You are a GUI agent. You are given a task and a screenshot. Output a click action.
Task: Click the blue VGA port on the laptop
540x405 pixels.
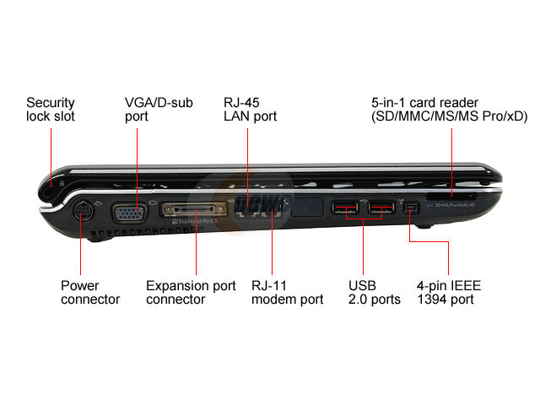coord(128,213)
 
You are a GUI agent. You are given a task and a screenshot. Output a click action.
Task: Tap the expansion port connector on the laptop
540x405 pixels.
coord(197,209)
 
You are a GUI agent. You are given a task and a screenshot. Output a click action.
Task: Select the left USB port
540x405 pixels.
coord(343,208)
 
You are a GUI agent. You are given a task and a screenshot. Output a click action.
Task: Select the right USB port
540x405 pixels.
coord(382,208)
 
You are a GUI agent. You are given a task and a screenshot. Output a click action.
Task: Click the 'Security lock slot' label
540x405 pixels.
coord(51,109)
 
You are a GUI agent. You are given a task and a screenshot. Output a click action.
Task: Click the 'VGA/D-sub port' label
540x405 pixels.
coord(159,109)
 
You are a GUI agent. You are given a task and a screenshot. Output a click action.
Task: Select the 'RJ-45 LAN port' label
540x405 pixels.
coord(250,109)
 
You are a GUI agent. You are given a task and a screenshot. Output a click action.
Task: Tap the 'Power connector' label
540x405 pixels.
coord(90,292)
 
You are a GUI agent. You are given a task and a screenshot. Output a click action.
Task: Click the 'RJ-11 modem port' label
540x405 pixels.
coord(287,292)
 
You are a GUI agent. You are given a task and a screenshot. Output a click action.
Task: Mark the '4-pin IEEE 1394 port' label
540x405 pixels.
coord(449,292)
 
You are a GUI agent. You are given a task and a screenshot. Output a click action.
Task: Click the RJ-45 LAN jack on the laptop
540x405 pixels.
coord(247,213)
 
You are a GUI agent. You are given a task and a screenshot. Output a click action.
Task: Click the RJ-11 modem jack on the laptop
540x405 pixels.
coord(272,213)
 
